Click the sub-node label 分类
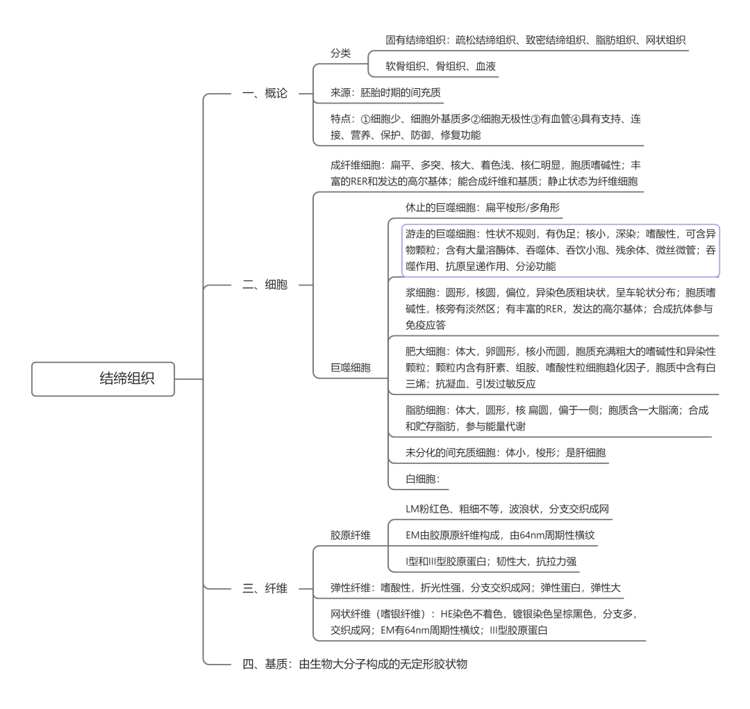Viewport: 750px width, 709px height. click(340, 53)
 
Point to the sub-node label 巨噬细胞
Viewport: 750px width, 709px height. click(351, 367)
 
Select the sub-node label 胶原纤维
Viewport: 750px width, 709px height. click(351, 535)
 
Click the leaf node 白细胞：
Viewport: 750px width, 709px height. click(423, 478)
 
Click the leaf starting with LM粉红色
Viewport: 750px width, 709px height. click(507, 509)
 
